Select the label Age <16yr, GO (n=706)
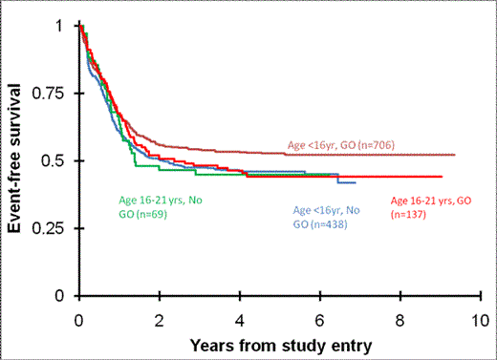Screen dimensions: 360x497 341,145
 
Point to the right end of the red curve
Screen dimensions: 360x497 441,177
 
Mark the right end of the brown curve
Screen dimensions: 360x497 455,155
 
